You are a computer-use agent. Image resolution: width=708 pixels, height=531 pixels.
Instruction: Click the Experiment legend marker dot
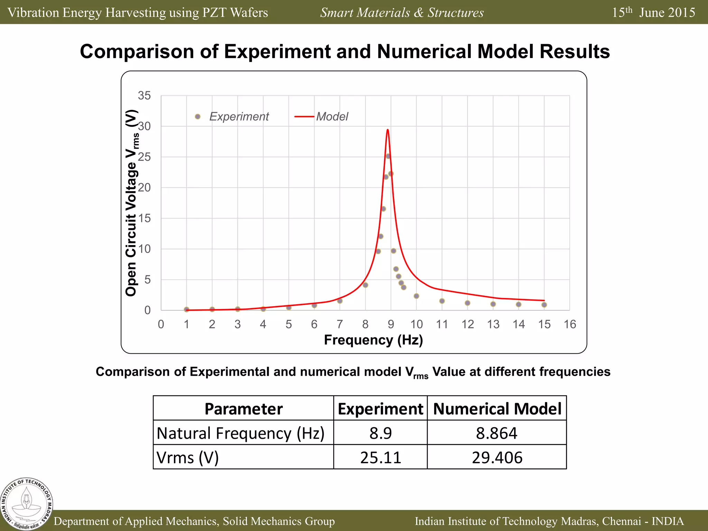[x=198, y=117]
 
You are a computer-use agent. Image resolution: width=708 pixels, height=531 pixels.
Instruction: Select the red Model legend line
[x=304, y=117]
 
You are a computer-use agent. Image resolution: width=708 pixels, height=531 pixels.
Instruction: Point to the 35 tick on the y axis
[x=144, y=95]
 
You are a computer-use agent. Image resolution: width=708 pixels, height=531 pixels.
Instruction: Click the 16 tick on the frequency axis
[x=570, y=324]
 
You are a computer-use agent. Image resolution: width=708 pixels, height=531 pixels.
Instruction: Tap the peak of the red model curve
[x=388, y=130]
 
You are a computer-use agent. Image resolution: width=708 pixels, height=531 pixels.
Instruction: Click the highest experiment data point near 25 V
[x=388, y=156]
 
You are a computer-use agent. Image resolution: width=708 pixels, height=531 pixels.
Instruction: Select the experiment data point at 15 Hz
[x=544, y=305]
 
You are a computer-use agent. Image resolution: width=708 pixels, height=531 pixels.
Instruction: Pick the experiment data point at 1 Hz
[x=187, y=309]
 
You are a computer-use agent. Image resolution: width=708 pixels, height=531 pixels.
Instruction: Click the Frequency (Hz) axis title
[x=373, y=340]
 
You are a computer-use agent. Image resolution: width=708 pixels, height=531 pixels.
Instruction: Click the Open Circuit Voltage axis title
[x=132, y=203]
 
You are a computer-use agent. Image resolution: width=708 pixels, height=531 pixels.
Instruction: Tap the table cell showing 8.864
[x=497, y=433]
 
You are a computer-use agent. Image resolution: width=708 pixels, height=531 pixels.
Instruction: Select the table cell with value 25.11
[x=381, y=457]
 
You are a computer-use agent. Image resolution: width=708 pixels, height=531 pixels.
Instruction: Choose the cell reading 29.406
[x=497, y=457]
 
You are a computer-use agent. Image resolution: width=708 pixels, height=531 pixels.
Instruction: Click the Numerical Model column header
[x=497, y=409]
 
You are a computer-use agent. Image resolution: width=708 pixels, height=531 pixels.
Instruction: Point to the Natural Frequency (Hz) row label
[x=241, y=433]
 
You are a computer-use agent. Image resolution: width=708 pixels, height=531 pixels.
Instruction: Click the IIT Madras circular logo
[x=27, y=504]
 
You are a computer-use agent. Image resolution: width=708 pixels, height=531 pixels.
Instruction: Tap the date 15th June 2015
[x=653, y=12]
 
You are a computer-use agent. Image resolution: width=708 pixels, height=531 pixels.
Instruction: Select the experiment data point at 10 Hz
[x=416, y=296]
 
